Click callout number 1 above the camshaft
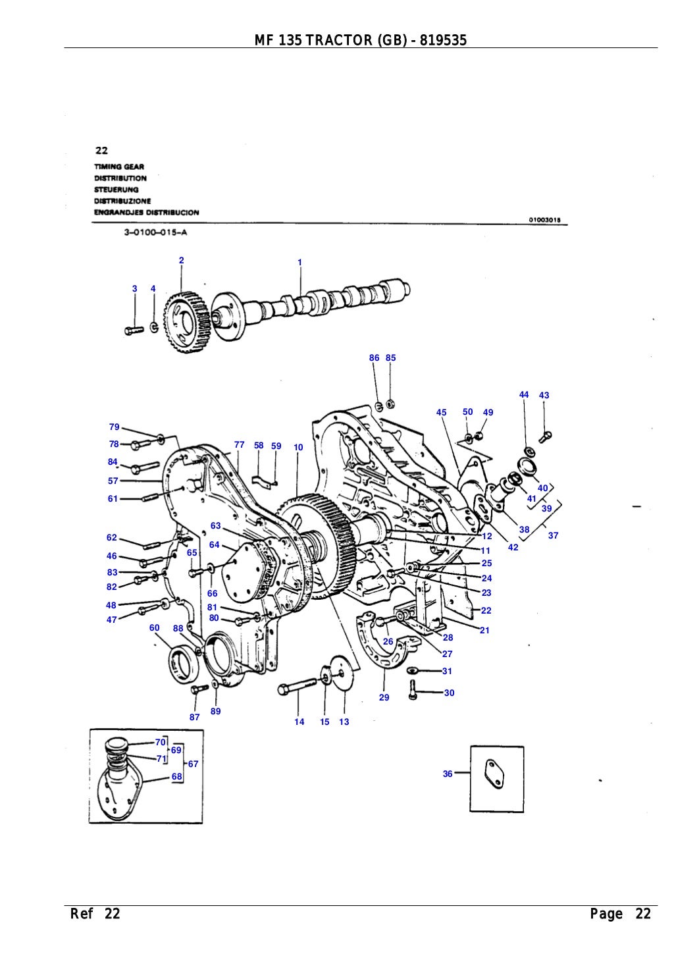(299, 262)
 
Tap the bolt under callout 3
(134, 331)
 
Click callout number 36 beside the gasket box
(448, 774)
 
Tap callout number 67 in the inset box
(193, 764)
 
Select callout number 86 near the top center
(374, 358)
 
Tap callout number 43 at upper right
(544, 396)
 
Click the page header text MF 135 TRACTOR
(360, 41)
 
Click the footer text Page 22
(620, 914)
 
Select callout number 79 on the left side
(114, 427)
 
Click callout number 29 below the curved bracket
(384, 697)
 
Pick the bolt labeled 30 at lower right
(413, 690)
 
